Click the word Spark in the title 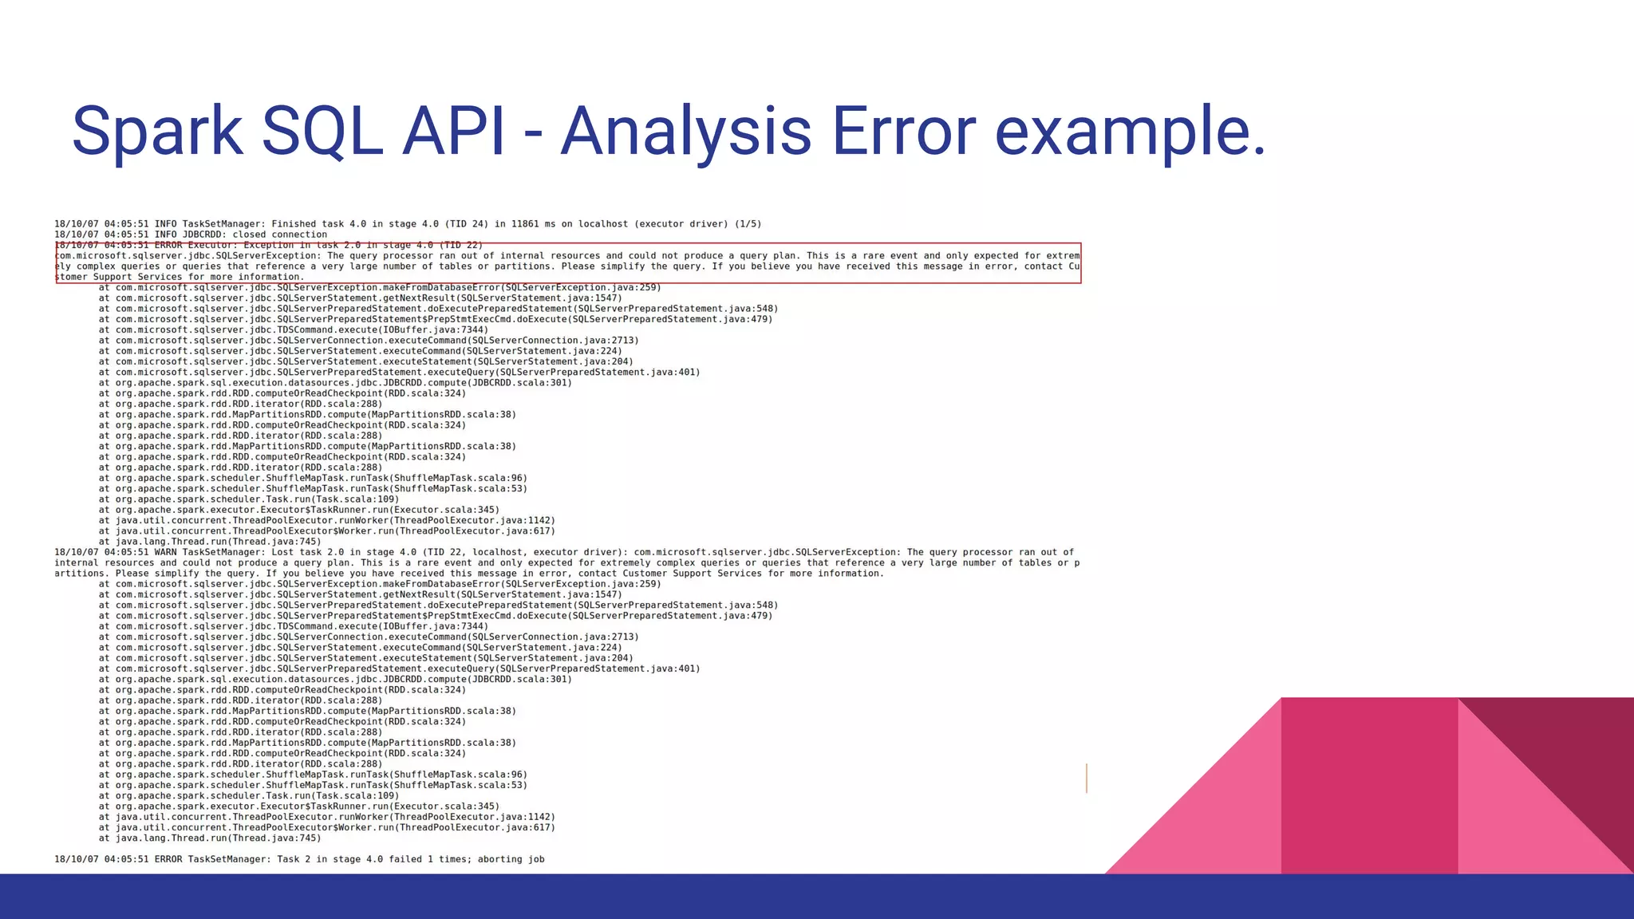point(157,132)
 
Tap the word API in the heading point(452,132)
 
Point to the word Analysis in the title point(686,132)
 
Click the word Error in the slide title point(903,132)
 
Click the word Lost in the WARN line point(282,552)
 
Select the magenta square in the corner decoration point(1369,786)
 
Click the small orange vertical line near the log point(1087,778)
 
